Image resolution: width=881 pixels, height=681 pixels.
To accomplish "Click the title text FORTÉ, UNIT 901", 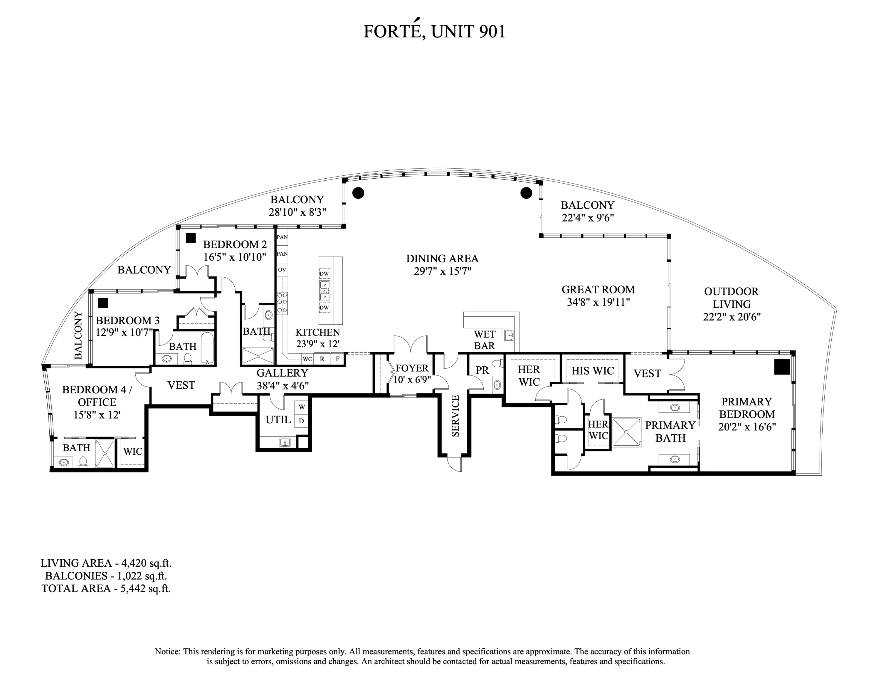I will click(434, 31).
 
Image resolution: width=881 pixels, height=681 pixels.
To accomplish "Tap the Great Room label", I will click(598, 289).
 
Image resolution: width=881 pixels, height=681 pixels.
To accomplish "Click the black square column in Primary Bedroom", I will click(781, 367).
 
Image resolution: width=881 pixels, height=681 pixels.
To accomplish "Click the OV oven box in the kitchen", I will click(282, 269).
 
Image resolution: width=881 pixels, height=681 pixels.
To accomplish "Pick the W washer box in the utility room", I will click(301, 407).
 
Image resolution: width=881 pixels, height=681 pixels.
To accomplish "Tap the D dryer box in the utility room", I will click(301, 421).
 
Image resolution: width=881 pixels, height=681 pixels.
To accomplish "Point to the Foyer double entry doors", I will click(411, 345).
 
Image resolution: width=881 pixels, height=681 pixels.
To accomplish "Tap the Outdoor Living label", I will click(731, 297).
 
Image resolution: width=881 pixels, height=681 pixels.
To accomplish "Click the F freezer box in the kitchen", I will click(338, 359).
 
